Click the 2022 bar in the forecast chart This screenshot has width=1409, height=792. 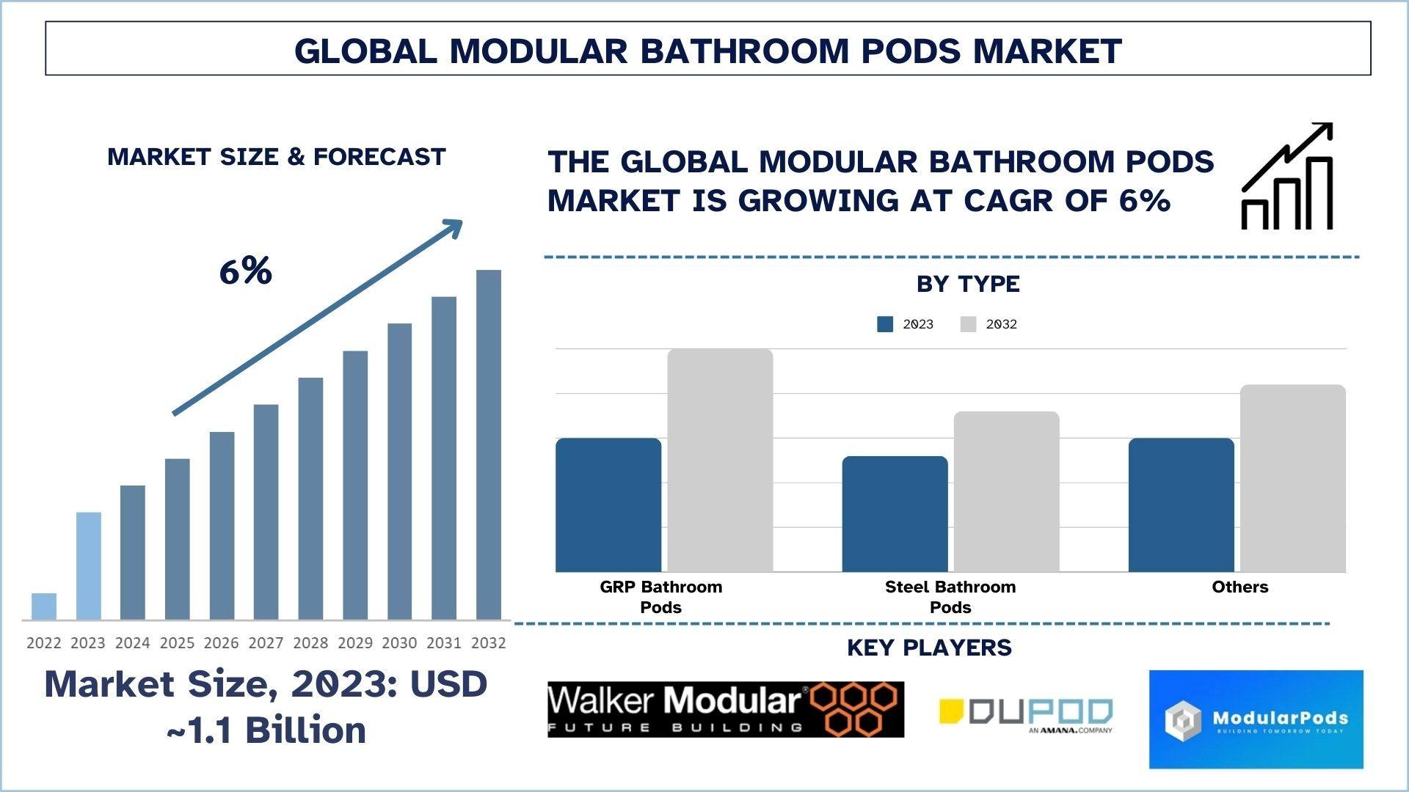pos(44,606)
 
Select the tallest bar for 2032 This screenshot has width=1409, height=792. pos(489,444)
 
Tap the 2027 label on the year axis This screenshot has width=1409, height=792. pos(266,643)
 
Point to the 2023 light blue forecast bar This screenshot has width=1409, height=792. pos(88,565)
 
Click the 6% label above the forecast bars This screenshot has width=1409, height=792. pos(245,271)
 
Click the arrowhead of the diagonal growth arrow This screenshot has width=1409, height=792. pos(454,227)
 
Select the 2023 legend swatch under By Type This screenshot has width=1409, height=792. pos(885,324)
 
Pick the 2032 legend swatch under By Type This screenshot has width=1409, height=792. pos(968,324)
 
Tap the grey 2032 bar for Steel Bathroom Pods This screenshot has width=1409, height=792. pos(1006,491)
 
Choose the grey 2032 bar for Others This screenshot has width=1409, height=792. pos(1292,478)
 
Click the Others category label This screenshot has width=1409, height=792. pos(1239,587)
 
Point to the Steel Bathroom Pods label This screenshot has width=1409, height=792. pos(950,597)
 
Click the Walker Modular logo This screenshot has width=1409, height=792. pos(726,709)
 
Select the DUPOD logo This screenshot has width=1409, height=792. pos(1026,714)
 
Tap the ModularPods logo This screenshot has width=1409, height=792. pos(1256,719)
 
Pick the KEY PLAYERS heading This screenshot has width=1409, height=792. pos(929,648)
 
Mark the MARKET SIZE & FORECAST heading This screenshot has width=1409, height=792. pos(277,157)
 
